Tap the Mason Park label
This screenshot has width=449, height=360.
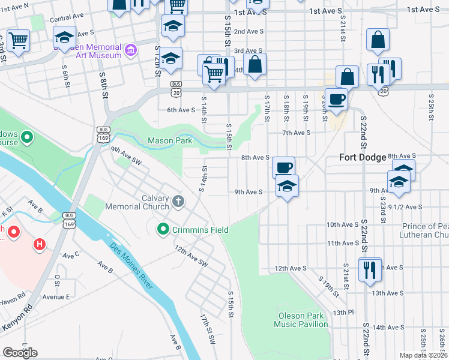(170, 141)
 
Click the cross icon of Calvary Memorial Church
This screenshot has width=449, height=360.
(178, 202)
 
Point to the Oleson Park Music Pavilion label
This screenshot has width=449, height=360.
(301, 320)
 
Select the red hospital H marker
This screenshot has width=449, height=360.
(40, 244)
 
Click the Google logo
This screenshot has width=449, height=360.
(20, 353)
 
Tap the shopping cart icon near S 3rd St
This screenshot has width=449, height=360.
(19, 41)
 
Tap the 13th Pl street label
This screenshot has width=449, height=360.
(340, 313)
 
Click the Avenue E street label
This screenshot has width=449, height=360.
(56, 297)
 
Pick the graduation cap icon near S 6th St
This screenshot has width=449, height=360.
(64, 37)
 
